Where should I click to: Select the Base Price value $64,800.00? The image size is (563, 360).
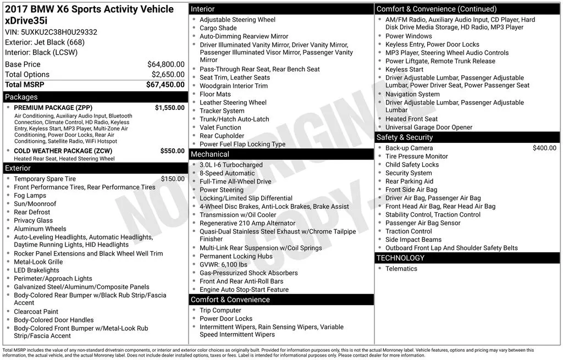click(x=165, y=64)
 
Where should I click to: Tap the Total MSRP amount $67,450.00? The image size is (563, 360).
click(x=165, y=85)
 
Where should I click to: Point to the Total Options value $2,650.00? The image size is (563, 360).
click(x=168, y=74)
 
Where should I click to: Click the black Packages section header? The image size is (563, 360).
click(x=95, y=97)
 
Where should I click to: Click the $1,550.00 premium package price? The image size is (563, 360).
click(x=169, y=108)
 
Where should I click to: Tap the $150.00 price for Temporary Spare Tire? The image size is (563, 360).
click(x=173, y=179)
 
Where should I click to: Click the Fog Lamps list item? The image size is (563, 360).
click(x=30, y=195)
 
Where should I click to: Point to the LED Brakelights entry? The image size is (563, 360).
click(x=36, y=270)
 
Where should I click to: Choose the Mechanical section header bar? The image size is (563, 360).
click(x=281, y=154)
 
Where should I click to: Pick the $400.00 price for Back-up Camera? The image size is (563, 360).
click(x=544, y=148)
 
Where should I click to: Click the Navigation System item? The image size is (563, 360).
click(x=412, y=94)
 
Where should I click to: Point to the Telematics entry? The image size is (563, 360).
click(x=401, y=268)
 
